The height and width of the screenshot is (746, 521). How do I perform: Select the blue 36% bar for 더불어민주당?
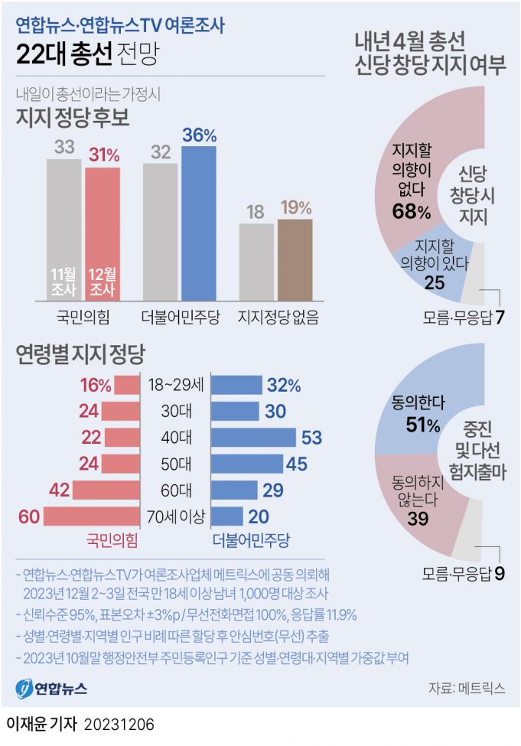(199, 222)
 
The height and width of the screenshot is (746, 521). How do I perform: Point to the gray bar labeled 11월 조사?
(63, 230)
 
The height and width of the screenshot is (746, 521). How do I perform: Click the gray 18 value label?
(256, 212)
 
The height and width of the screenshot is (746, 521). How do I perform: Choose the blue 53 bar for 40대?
(253, 438)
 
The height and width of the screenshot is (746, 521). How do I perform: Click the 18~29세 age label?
(176, 385)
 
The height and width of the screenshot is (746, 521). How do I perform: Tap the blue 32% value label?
(283, 385)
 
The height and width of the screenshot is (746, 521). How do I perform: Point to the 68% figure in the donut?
(411, 212)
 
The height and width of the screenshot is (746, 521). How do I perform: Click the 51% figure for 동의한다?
(418, 425)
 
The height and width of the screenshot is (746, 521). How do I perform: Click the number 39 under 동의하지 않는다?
(418, 520)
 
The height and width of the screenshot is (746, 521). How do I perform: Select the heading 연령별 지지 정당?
(80, 353)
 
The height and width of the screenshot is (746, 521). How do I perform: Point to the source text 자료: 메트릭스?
(467, 688)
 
